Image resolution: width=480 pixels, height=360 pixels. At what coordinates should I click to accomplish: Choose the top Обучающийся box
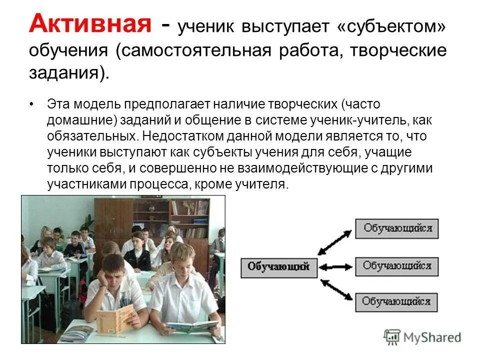[396, 228]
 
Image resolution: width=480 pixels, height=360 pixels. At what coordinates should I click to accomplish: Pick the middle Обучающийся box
[396, 265]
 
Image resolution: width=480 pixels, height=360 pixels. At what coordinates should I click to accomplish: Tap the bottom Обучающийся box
[396, 301]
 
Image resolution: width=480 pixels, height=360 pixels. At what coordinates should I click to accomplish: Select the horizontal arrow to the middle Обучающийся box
[336, 266]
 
